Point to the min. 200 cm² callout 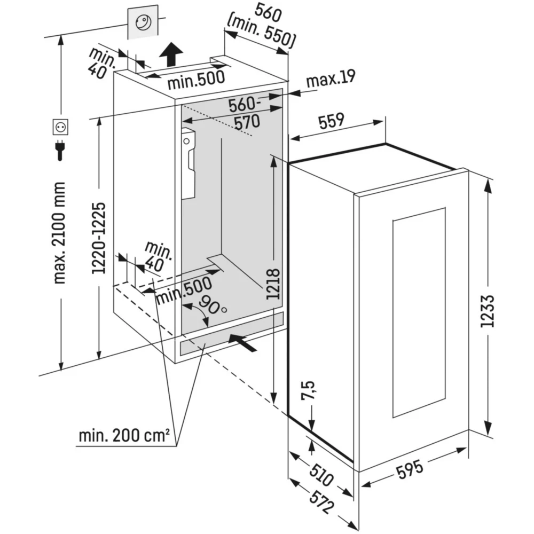(124, 435)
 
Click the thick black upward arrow (172, 54)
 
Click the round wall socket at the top (143, 22)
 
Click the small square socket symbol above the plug (60, 127)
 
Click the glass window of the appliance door (419, 312)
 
